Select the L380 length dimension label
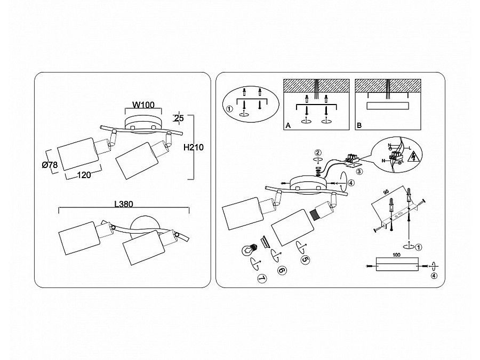pyautogui.click(x=123, y=203)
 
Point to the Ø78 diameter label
pyautogui.click(x=50, y=165)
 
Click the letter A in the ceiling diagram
pyautogui.click(x=287, y=126)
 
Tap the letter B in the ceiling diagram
pyautogui.click(x=359, y=126)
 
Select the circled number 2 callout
pyautogui.click(x=318, y=153)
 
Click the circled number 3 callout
pyautogui.click(x=359, y=171)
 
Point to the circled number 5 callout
pyautogui.click(x=305, y=260)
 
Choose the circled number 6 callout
pyautogui.click(x=282, y=270)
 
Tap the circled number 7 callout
pyautogui.click(x=261, y=278)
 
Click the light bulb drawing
pyautogui.click(x=248, y=249)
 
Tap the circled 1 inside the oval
pyautogui.click(x=230, y=110)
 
